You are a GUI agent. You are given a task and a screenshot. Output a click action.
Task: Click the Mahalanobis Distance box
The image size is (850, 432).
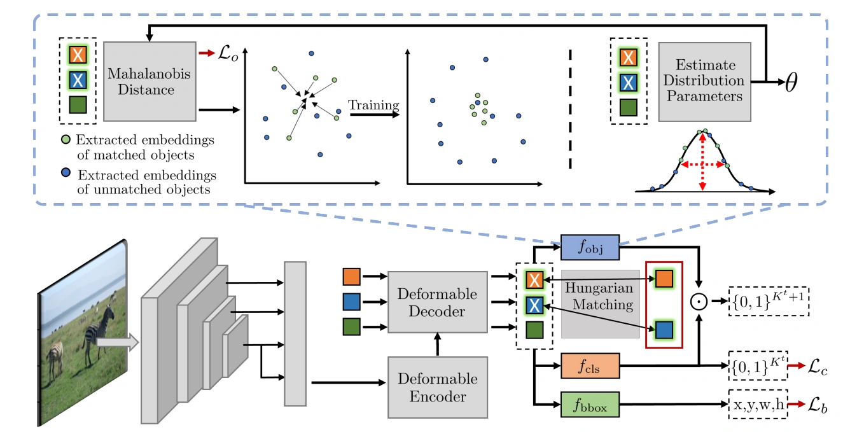pyautogui.click(x=150, y=81)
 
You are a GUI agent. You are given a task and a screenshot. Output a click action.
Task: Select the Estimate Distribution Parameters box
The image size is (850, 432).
pyautogui.click(x=704, y=81)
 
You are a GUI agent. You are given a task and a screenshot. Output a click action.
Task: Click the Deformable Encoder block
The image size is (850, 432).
pyautogui.click(x=436, y=387)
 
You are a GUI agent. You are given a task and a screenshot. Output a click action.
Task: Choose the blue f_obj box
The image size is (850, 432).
pyautogui.click(x=590, y=247)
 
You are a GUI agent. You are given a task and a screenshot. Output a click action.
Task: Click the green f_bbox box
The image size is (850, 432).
pyautogui.click(x=590, y=404)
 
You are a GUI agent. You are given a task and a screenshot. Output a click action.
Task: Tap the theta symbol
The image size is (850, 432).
pyautogui.click(x=791, y=83)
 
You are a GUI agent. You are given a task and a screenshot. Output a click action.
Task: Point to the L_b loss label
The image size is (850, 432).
pyautogui.click(x=818, y=404)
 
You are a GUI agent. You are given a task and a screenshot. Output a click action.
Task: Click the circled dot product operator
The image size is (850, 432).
pyautogui.click(x=700, y=300)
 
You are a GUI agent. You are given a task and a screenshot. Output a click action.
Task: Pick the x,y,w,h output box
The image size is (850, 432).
pyautogui.click(x=758, y=404)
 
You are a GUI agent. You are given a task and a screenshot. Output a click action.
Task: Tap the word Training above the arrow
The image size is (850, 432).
pyautogui.click(x=373, y=105)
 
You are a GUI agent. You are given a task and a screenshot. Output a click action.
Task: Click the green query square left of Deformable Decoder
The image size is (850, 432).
pyautogui.click(x=352, y=327)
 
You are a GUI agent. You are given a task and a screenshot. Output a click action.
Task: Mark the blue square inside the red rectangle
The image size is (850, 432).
pyautogui.click(x=664, y=329)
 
